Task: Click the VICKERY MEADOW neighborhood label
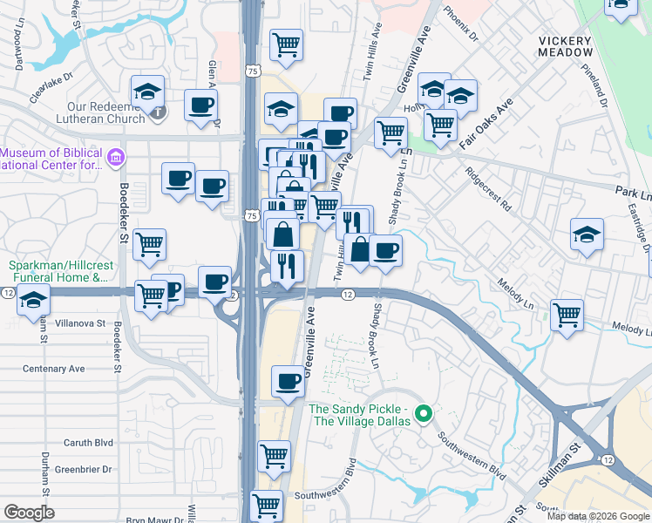(565, 46)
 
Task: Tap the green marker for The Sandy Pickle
(424, 413)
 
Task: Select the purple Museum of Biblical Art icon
(115, 157)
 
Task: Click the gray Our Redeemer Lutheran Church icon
(158, 112)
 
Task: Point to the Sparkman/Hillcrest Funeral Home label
(58, 272)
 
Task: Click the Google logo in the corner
(29, 513)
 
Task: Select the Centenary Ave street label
(54, 369)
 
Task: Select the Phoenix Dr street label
(461, 24)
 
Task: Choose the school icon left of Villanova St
(33, 301)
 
